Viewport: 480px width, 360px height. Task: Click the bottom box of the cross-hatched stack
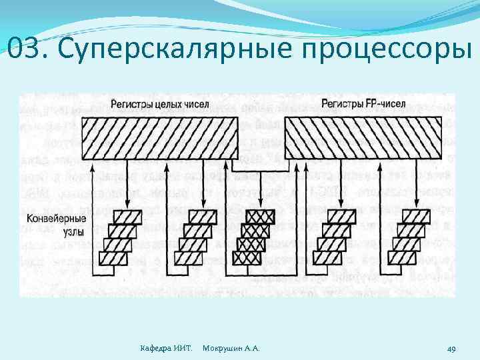click(x=247, y=258)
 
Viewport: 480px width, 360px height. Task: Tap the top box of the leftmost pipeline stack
click(x=127, y=216)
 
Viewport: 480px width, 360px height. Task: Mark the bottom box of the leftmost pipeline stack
click(x=113, y=258)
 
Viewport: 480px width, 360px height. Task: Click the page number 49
click(x=451, y=349)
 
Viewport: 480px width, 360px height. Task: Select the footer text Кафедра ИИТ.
click(x=167, y=349)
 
